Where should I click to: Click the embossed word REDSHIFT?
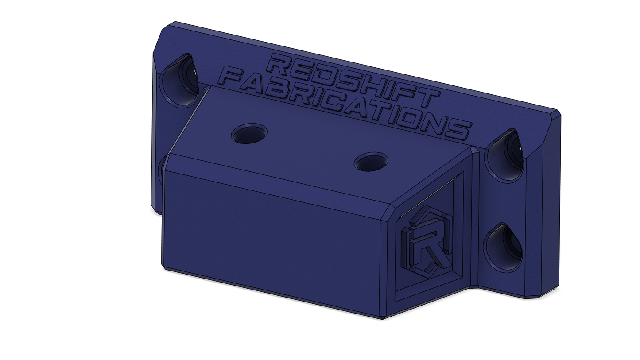click(x=253, y=81)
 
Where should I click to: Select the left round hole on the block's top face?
click(x=249, y=133)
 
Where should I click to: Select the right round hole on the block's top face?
click(x=371, y=162)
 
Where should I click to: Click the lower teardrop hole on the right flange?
click(x=503, y=248)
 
